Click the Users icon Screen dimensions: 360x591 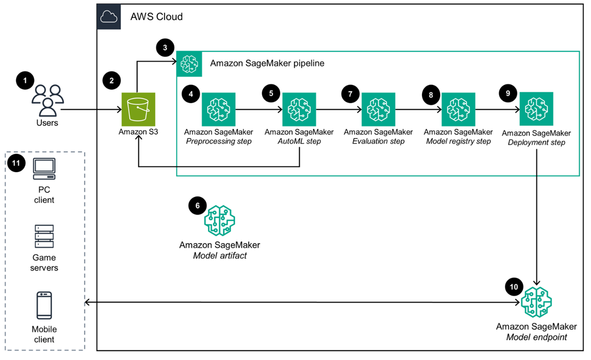47,100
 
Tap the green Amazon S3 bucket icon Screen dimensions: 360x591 138,110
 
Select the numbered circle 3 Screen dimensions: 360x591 165,47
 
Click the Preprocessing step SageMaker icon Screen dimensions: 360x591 219,110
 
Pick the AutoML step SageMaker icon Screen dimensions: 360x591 299,110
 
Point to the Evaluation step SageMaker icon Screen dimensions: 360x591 378,110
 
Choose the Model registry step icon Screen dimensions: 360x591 458,110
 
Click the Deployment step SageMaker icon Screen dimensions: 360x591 536,109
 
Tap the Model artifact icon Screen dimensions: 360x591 219,221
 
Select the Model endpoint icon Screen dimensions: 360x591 536,302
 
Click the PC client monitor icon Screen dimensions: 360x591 44,169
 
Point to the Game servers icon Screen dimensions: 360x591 44,237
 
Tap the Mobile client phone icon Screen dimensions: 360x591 44,305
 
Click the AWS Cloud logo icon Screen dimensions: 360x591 109,17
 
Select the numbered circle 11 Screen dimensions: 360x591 16,163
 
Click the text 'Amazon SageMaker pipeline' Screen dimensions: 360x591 267,63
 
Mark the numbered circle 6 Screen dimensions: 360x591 197,205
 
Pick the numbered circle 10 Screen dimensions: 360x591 514,287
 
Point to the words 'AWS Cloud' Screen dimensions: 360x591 157,17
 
